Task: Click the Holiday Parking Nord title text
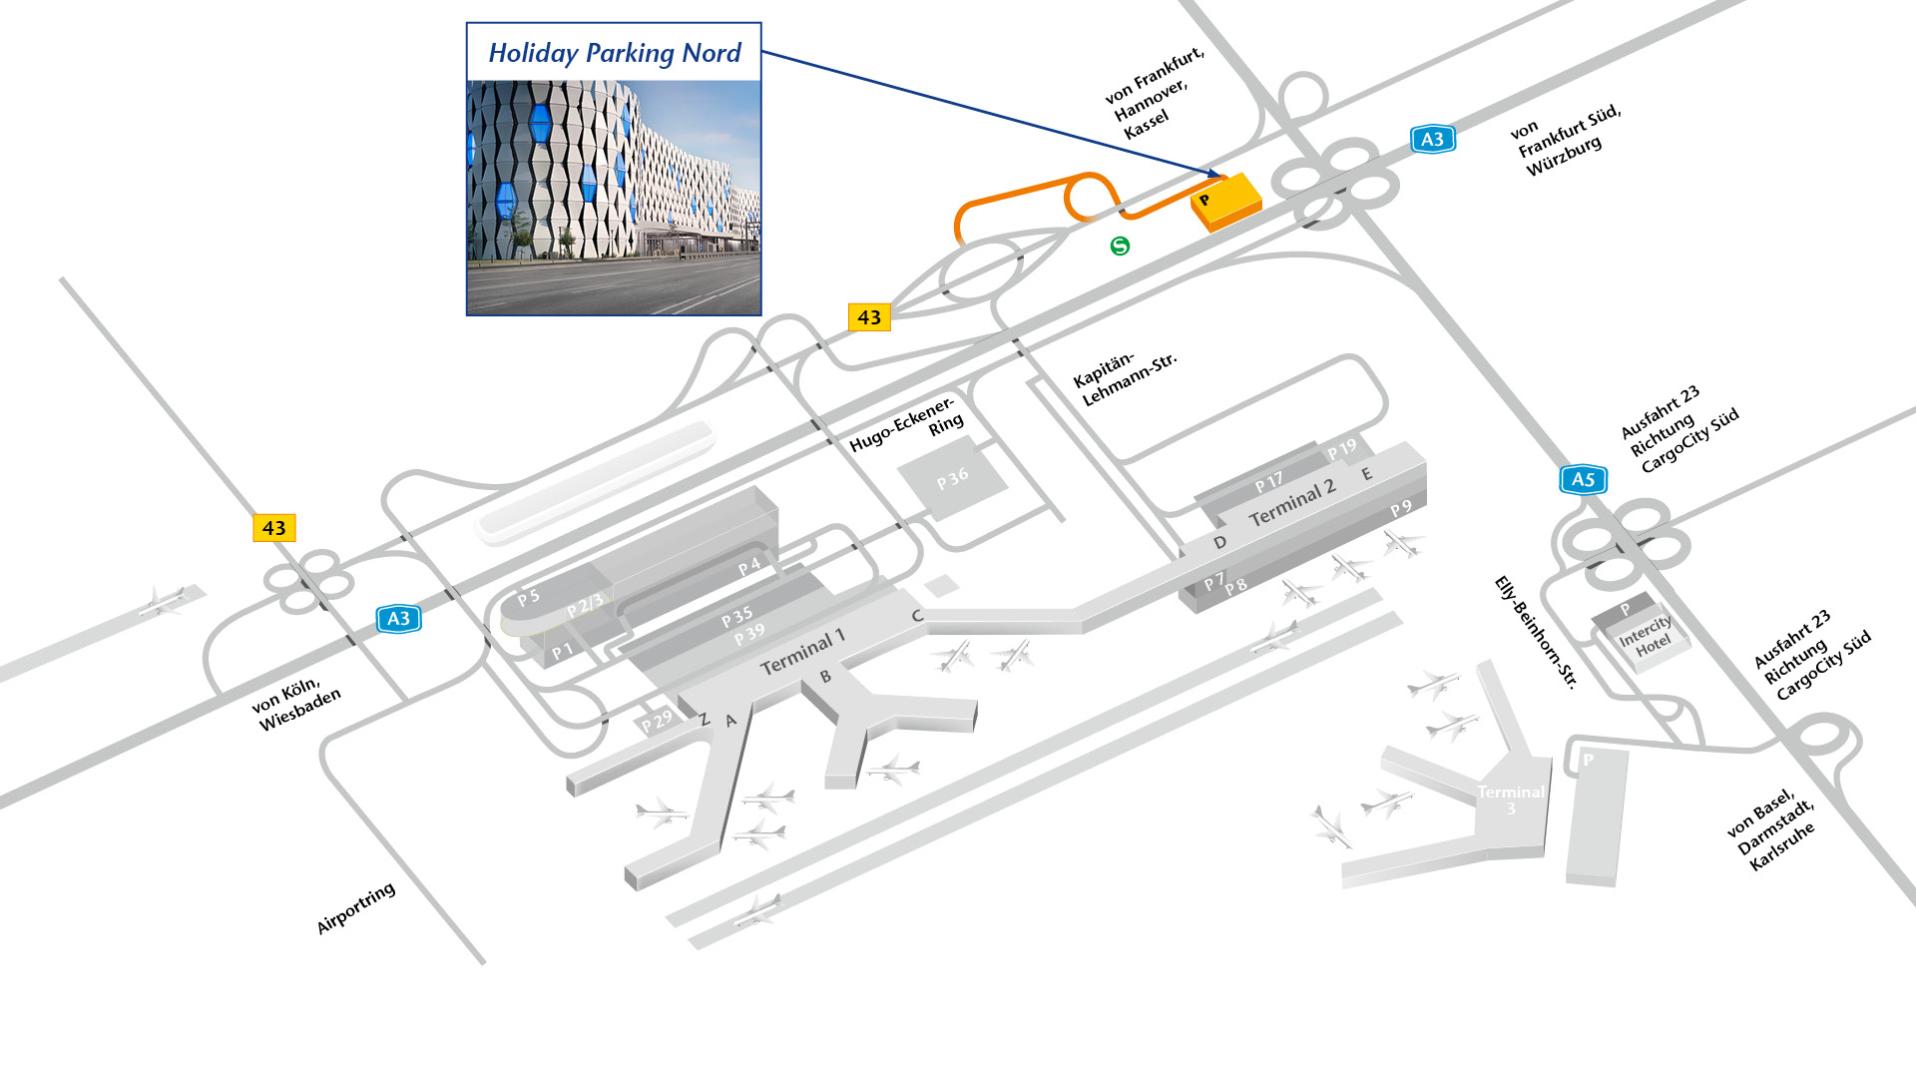click(614, 53)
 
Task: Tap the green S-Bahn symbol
click(1120, 246)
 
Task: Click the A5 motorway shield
click(1583, 479)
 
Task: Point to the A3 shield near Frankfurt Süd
click(1432, 140)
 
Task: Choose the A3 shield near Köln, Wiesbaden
click(398, 619)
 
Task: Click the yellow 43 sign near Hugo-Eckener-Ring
click(868, 317)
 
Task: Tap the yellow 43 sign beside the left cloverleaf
click(273, 528)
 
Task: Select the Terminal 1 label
click(802, 652)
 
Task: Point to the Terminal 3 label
click(1511, 799)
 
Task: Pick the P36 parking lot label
click(952, 479)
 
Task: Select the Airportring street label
click(356, 908)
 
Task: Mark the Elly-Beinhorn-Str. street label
click(1536, 633)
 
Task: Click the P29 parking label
click(657, 721)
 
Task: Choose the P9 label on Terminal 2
click(1401, 508)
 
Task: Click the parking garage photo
click(614, 198)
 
